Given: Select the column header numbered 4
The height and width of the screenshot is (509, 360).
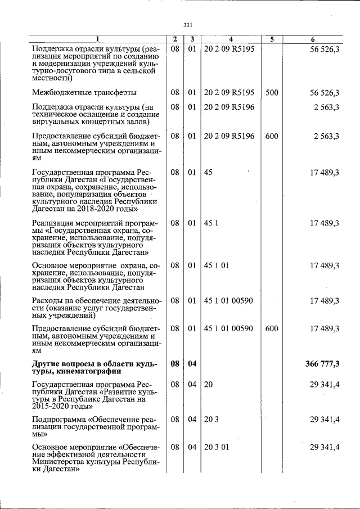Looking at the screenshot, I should pyautogui.click(x=231, y=39).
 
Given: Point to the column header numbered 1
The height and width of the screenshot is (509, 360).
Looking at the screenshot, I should pyautogui.click(x=97, y=39).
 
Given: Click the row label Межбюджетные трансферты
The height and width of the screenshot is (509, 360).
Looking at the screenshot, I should pyautogui.click(x=83, y=92).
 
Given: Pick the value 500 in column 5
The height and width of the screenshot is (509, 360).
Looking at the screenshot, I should pyautogui.click(x=272, y=92).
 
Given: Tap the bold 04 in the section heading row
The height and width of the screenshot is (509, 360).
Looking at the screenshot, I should pyautogui.click(x=192, y=364).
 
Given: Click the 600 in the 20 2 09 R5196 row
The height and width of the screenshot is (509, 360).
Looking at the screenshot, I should pyautogui.click(x=272, y=136).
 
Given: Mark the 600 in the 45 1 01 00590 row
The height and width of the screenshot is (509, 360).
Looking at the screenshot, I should pyautogui.click(x=272, y=328).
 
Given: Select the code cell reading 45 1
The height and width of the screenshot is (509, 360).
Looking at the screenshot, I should pyautogui.click(x=210, y=223).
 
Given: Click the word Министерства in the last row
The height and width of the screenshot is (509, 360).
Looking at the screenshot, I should pyautogui.click(x=63, y=462).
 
